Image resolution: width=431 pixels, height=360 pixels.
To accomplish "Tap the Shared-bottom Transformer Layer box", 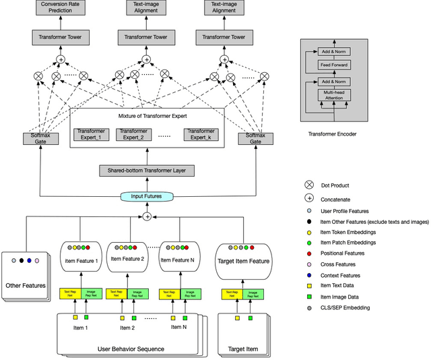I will pos(147,171).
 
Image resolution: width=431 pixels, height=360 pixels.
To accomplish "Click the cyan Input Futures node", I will pos(146,196).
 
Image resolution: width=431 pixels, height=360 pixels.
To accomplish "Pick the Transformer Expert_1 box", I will pos(93,134).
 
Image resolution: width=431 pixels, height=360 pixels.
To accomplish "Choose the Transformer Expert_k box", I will pos(200,134).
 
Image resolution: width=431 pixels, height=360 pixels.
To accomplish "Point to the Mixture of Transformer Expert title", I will pos(146,116).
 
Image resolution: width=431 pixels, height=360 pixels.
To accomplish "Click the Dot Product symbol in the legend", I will pos(309,184).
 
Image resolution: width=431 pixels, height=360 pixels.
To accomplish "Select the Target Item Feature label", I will pos(243,261).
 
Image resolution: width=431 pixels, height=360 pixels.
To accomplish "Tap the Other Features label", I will pos(26,285).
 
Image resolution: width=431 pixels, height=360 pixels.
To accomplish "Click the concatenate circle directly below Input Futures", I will pos(146,216).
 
